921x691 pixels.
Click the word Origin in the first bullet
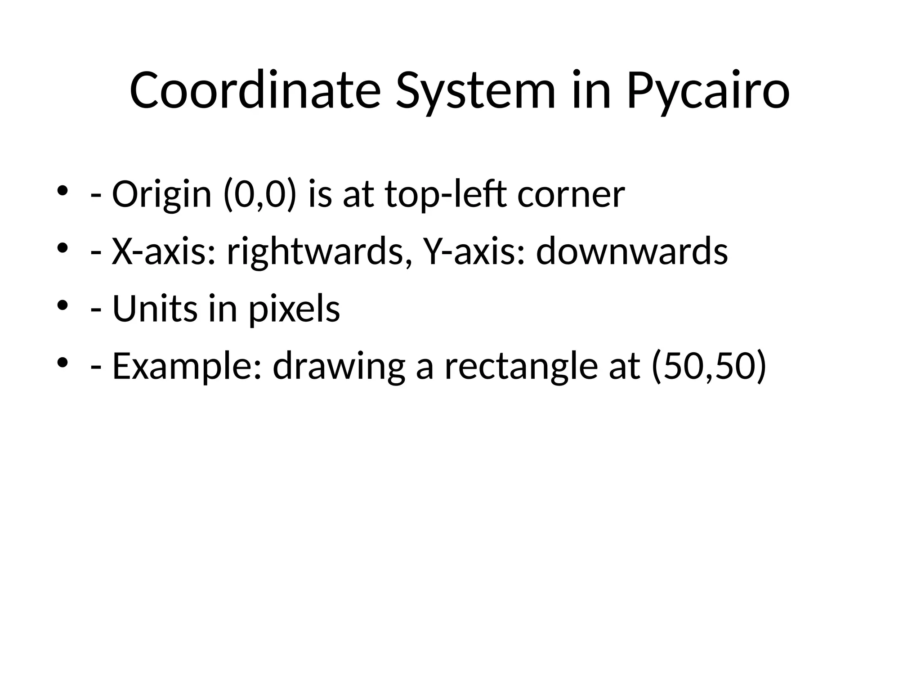(161, 195)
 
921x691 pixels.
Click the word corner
(571, 195)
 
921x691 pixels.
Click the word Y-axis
(474, 252)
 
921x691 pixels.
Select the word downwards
(632, 252)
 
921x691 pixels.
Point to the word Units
(155, 310)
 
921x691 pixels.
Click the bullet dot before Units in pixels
(63, 305)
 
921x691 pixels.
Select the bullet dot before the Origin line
(63, 191)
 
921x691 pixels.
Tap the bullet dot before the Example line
(63, 363)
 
